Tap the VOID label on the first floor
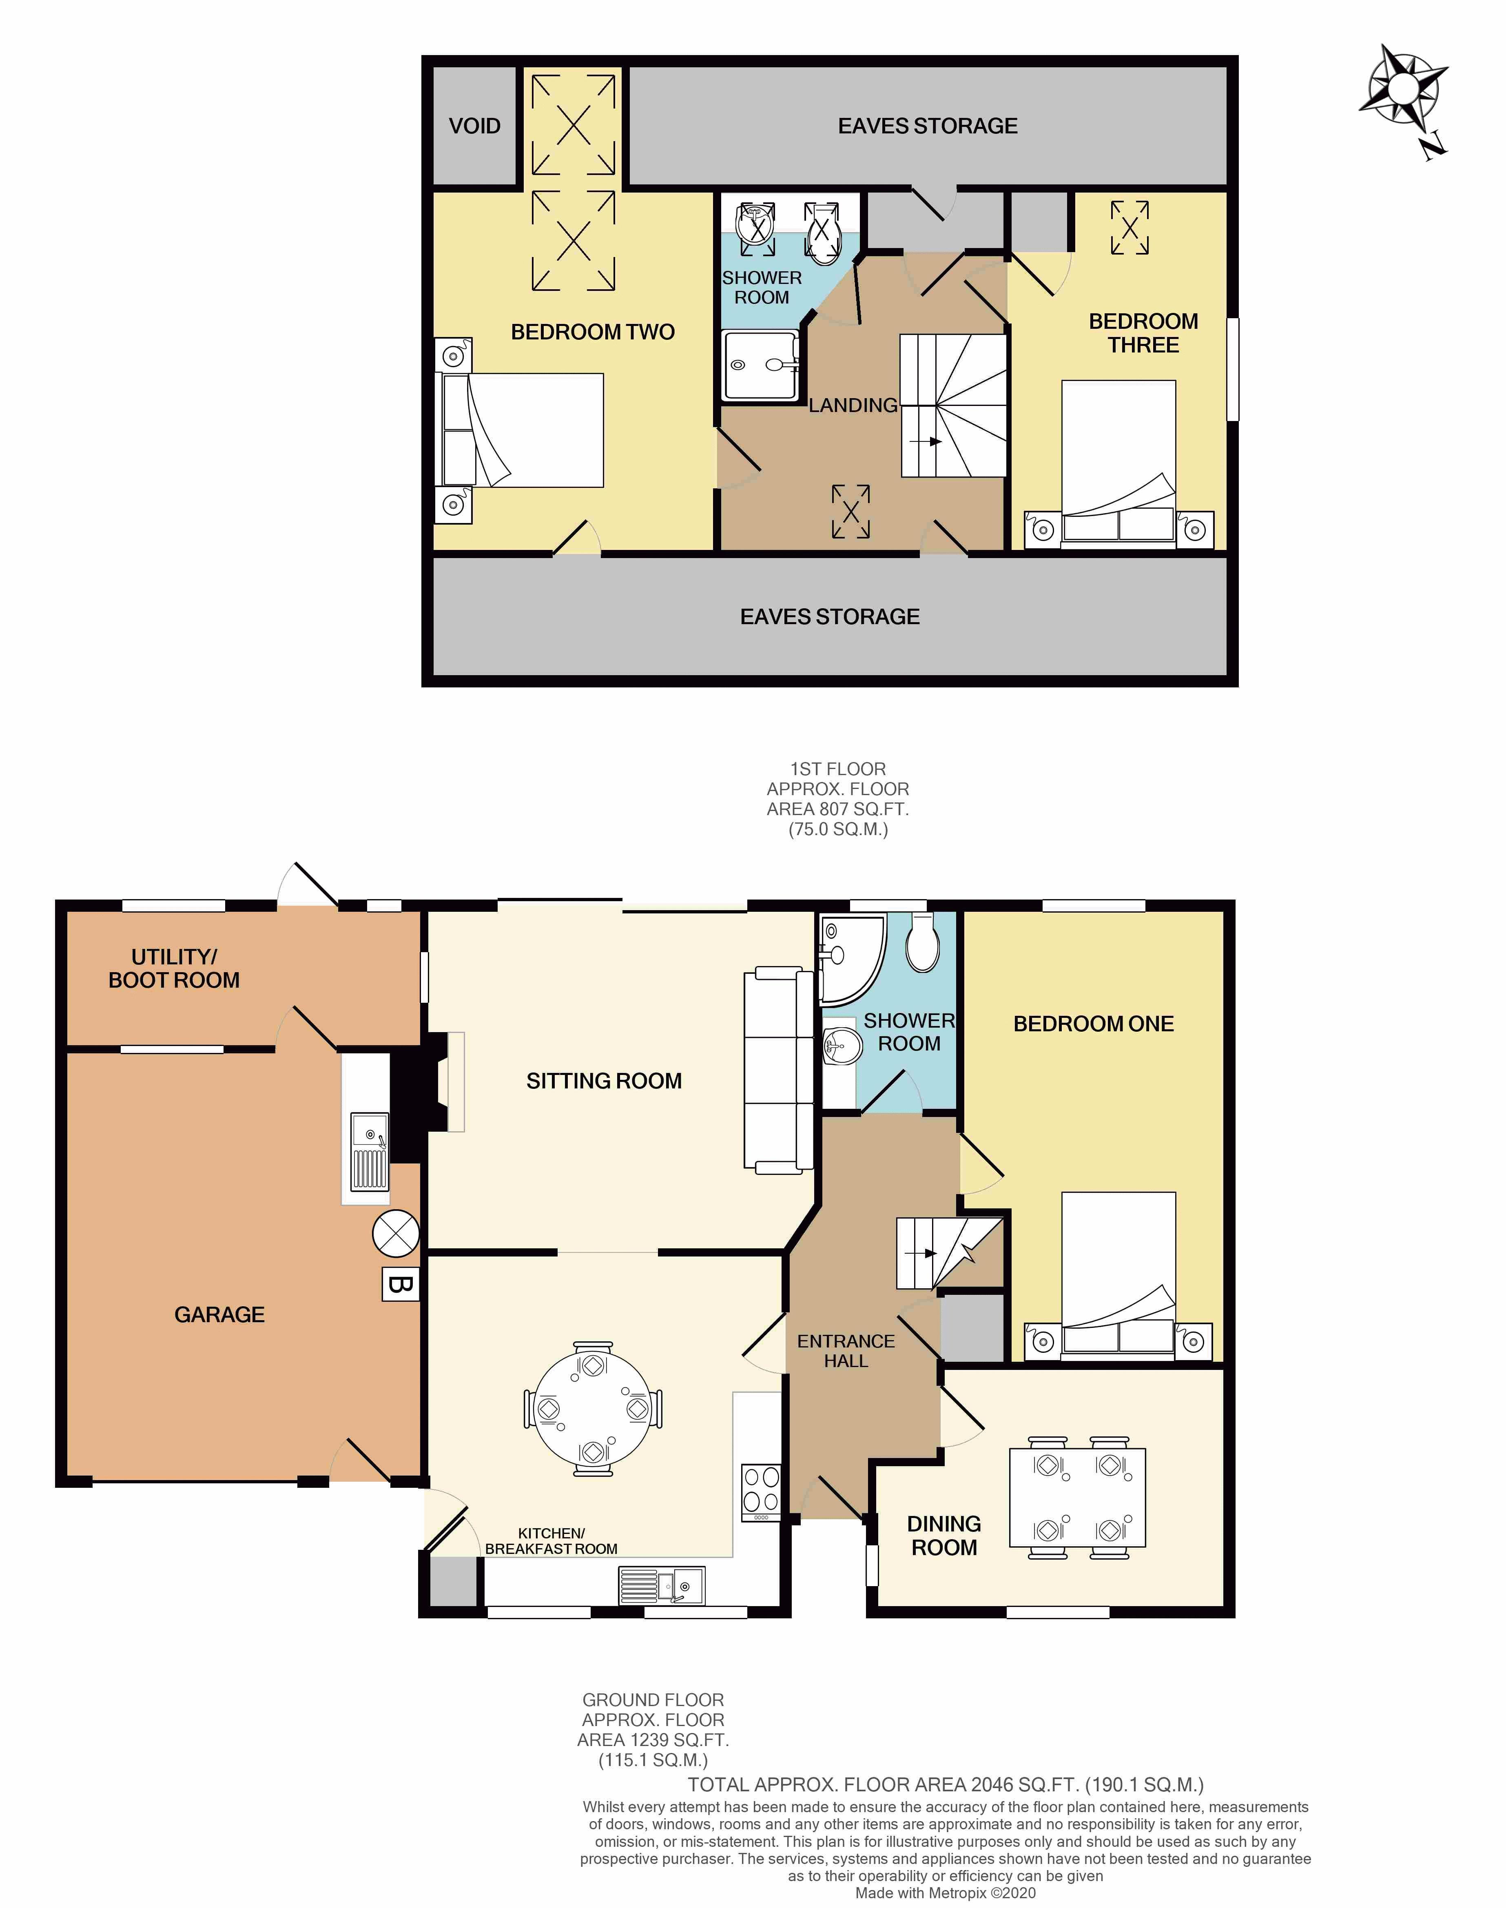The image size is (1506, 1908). pyautogui.click(x=474, y=126)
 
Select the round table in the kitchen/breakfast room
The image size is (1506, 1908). pyautogui.click(x=593, y=1409)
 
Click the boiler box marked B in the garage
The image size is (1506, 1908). pyautogui.click(x=399, y=1285)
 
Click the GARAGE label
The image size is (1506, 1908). pyautogui.click(x=219, y=1314)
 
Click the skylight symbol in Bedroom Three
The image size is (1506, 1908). pyautogui.click(x=1129, y=228)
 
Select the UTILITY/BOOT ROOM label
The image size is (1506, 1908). pyautogui.click(x=174, y=968)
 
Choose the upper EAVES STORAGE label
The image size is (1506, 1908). pyautogui.click(x=928, y=126)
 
